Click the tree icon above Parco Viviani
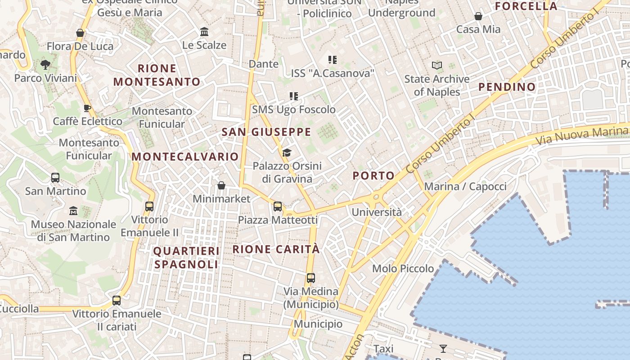pyautogui.click(x=45, y=65)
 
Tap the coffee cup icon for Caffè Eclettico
pyautogui.click(x=87, y=108)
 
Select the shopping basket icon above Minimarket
pyautogui.click(x=221, y=185)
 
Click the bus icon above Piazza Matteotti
pyautogui.click(x=278, y=207)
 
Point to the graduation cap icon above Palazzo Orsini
pyautogui.click(x=287, y=153)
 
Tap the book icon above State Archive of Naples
pyautogui.click(x=436, y=66)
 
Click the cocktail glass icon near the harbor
pyautogui.click(x=443, y=348)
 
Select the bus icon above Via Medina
pyautogui.click(x=310, y=278)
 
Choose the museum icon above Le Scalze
pyautogui.click(x=204, y=32)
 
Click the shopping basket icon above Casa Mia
pyautogui.click(x=478, y=17)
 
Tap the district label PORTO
pyautogui.click(x=373, y=176)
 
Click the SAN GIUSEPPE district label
pyautogui.click(x=266, y=132)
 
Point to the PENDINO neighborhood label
pyautogui.click(x=507, y=87)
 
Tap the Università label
pyautogui.click(x=377, y=212)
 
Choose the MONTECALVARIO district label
pyautogui.click(x=185, y=157)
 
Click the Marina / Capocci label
pyautogui.click(x=465, y=186)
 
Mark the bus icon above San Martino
pyautogui.click(x=55, y=178)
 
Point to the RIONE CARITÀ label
pyautogui.click(x=276, y=249)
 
